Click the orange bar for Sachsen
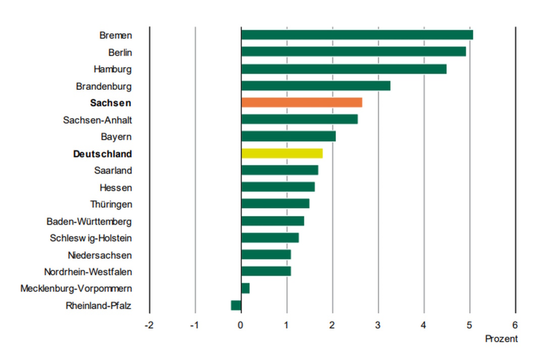coord(301,102)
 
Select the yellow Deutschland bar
coord(282,153)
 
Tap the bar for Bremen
coord(357,35)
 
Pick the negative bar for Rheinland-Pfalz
coord(236,305)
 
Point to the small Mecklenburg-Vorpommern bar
coord(245,288)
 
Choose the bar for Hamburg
coord(344,69)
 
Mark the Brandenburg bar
coord(315,86)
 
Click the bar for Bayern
coord(288,136)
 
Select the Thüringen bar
coord(275,204)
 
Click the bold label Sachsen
coord(111,103)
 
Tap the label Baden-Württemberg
coord(89,221)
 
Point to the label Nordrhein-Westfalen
coord(88,272)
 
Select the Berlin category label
coord(120,52)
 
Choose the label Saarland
coord(113,171)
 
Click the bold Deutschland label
coord(102,154)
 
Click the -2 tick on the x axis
coord(149,325)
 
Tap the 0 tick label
coord(241,325)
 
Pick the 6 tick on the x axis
coord(515,325)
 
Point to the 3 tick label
coord(378,325)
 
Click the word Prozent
coord(501,339)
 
